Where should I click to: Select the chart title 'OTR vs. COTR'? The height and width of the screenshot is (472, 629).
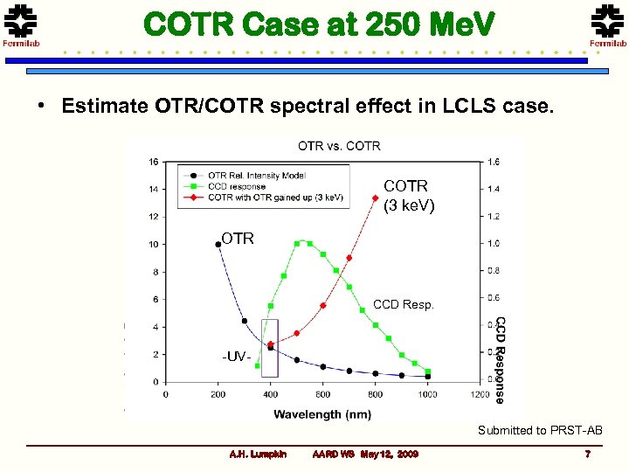point(339,146)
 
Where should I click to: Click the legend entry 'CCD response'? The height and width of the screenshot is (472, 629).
point(238,186)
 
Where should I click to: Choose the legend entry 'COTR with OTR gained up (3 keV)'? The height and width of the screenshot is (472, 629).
point(274,197)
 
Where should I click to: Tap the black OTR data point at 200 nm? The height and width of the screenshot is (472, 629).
point(218,245)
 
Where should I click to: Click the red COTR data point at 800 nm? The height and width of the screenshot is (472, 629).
point(376,198)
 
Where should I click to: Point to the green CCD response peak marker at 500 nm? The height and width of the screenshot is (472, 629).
point(297,244)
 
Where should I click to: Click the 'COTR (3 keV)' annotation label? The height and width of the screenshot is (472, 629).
point(409,195)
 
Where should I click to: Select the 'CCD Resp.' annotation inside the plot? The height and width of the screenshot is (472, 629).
point(403,305)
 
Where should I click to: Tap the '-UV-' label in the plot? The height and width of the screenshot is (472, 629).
point(236,357)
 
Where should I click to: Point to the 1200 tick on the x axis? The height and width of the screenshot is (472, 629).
point(479,395)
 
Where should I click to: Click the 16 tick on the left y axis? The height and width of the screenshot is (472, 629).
point(153,162)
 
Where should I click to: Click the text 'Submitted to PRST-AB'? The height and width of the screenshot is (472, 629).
point(540,430)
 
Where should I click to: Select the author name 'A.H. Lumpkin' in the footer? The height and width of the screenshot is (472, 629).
point(257,455)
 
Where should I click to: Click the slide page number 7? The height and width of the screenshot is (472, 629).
point(588,454)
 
